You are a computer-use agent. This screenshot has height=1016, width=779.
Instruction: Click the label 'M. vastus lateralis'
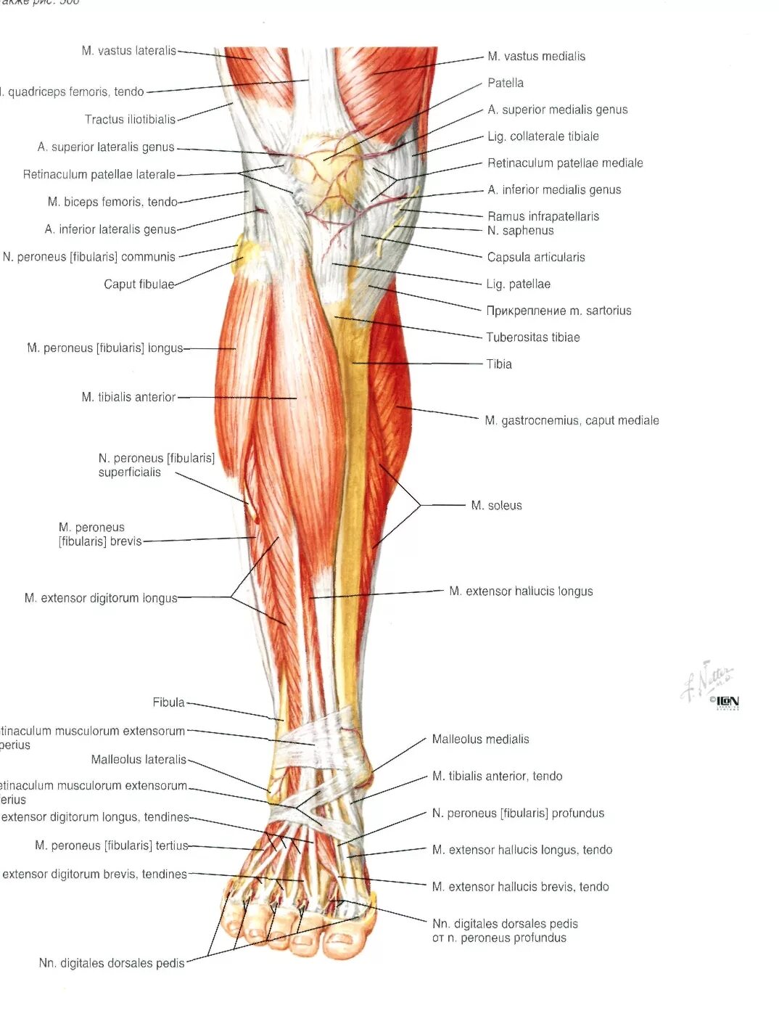coord(128,51)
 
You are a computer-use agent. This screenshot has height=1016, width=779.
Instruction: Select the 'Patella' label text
coord(505,83)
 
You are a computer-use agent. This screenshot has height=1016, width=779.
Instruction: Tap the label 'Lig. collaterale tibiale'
coord(543,136)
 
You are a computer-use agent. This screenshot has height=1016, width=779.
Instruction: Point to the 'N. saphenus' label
coord(520,231)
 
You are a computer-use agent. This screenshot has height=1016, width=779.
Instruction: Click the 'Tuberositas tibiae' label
coord(532,337)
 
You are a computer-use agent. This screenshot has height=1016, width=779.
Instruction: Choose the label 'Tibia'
coord(498,364)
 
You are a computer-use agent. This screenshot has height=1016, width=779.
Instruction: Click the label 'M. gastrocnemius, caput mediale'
coord(572,420)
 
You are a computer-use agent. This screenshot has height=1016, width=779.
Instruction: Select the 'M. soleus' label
coord(496,505)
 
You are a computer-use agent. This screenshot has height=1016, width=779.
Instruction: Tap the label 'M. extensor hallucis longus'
coord(520,591)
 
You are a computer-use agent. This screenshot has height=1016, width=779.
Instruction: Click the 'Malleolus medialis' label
coord(480,740)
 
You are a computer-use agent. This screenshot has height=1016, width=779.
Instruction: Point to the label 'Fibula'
coord(168,702)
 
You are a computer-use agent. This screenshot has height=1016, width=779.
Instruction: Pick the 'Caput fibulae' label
coord(139,284)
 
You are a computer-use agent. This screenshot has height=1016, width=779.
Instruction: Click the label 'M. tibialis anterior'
coord(128,397)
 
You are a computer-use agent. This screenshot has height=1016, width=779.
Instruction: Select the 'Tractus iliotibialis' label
coord(130,120)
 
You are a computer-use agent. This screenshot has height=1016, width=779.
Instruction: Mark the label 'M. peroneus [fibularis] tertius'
coord(111,845)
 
